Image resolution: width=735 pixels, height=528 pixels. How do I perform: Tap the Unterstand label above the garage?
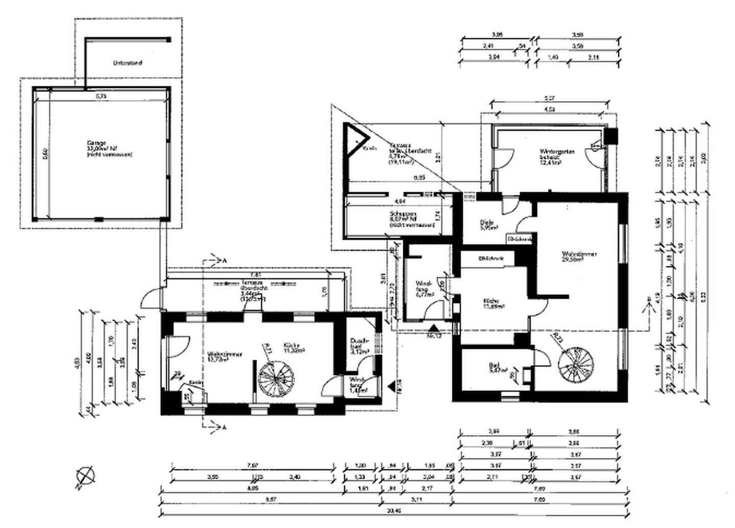(x=127, y=63)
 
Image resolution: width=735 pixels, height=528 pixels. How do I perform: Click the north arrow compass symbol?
(x=85, y=476)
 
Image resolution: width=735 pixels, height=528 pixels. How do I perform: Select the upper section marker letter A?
(x=224, y=261)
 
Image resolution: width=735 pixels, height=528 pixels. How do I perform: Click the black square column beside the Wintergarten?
(x=611, y=136)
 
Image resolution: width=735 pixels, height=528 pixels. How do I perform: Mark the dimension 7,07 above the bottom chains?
(x=253, y=465)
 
